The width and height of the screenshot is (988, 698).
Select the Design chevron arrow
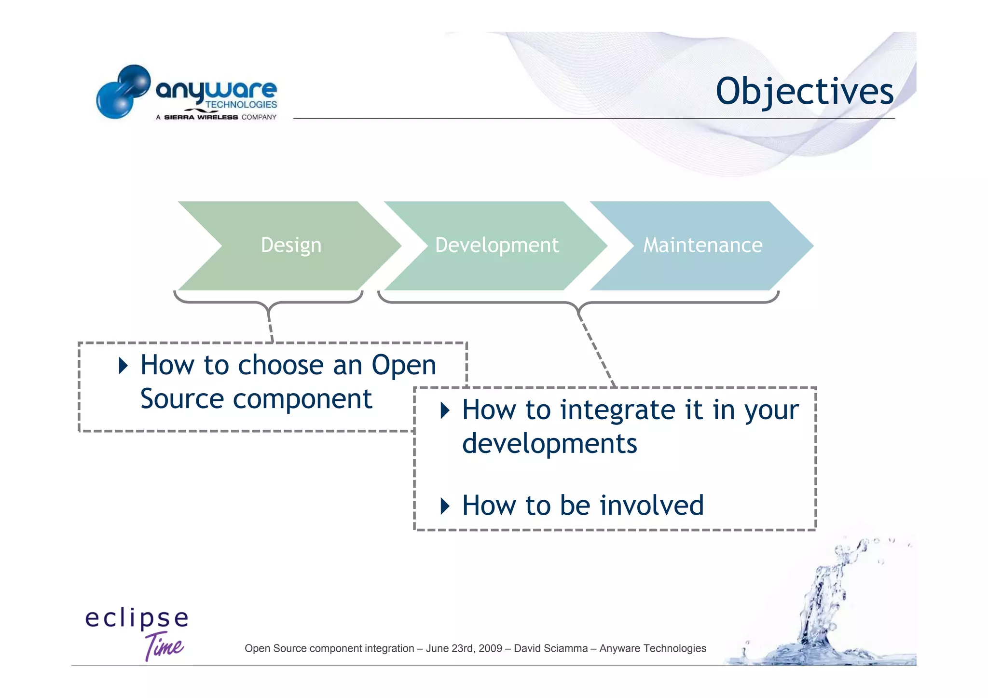click(290, 246)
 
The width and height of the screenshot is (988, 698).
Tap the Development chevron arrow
click(496, 246)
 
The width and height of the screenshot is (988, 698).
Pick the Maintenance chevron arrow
click(702, 246)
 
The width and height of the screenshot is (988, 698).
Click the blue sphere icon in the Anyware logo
click(123, 92)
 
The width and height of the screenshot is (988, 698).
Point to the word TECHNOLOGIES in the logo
click(241, 105)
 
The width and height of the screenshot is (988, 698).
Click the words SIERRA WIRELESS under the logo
click(201, 117)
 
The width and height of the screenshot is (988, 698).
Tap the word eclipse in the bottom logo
click(137, 618)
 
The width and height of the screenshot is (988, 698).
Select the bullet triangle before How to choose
click(123, 366)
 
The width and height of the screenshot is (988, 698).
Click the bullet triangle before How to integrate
click(445, 411)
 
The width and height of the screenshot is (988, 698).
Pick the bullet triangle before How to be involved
click(445, 506)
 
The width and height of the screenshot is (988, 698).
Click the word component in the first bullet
click(302, 399)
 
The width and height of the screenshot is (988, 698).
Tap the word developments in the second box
click(549, 444)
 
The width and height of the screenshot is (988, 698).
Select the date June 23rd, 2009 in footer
click(464, 648)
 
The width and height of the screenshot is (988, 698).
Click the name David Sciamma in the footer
click(550, 648)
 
